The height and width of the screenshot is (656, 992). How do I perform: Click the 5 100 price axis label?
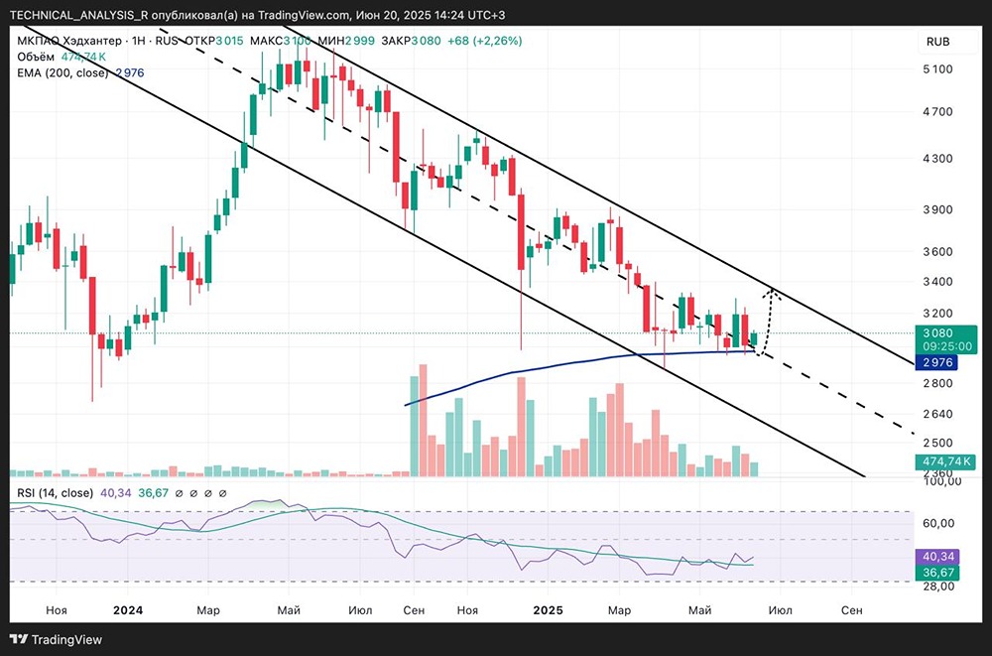point(938,68)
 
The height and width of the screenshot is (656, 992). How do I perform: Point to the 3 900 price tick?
point(938,209)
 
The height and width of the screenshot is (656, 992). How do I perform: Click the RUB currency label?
point(937,42)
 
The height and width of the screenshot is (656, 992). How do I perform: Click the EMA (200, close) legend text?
point(63,72)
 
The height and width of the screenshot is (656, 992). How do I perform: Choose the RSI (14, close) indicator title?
point(56,492)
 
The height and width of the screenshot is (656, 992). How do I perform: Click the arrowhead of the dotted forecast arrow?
point(771,290)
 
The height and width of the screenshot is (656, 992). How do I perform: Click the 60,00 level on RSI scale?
point(938,523)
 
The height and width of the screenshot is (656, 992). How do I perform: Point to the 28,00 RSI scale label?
point(938,586)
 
